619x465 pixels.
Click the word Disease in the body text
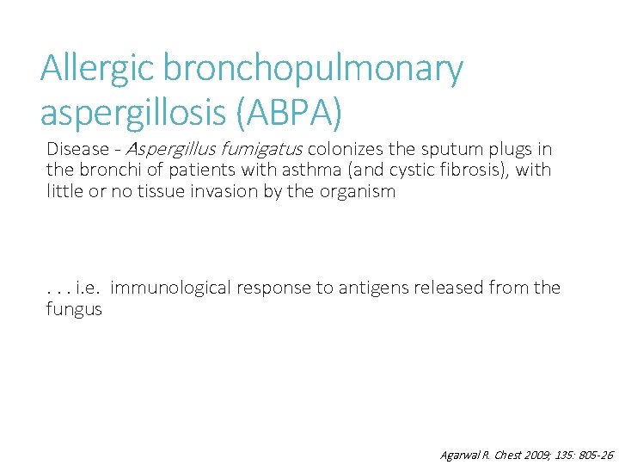pos(78,149)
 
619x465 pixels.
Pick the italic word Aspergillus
pos(169,150)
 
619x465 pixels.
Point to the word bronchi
pos(106,170)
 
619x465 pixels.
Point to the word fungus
pos(74,309)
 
